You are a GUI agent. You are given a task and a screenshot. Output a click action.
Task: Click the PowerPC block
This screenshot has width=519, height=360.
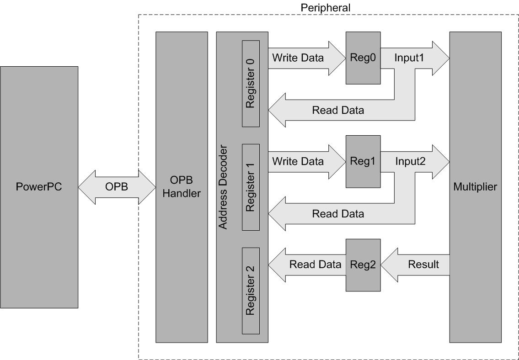pyautogui.click(x=39, y=187)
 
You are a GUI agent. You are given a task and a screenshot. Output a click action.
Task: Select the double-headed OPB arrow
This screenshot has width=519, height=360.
pyautogui.click(x=117, y=187)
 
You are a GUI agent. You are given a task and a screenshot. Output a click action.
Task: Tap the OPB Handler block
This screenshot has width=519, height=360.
pyautogui.click(x=182, y=187)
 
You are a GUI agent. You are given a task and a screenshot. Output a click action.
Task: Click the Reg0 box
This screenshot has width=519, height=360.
pyautogui.click(x=363, y=58)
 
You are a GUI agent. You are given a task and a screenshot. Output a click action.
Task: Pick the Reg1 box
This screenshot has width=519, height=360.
pyautogui.click(x=363, y=162)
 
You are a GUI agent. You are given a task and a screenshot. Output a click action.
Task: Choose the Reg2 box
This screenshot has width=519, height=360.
pyautogui.click(x=363, y=265)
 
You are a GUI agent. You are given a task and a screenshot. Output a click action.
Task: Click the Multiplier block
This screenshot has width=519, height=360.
pyautogui.click(x=475, y=187)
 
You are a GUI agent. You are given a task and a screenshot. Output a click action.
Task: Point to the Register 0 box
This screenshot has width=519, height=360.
pyautogui.click(x=251, y=84)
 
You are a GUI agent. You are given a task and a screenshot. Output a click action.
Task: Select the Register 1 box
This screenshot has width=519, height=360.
pyautogui.click(x=251, y=187)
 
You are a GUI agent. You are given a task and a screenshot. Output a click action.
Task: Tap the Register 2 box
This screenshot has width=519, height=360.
pyautogui.click(x=251, y=291)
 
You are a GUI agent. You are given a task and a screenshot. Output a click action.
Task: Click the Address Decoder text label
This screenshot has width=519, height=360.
pyautogui.click(x=224, y=187)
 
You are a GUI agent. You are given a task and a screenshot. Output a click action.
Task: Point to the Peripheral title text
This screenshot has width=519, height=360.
pyautogui.click(x=326, y=7)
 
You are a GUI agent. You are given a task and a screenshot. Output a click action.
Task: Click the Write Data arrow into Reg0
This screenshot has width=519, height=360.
pyautogui.click(x=307, y=58)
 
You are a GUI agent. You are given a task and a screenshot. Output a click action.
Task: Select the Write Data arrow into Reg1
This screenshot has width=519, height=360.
pyautogui.click(x=307, y=162)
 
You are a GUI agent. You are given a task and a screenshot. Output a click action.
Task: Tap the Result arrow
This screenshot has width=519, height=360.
pyautogui.click(x=415, y=265)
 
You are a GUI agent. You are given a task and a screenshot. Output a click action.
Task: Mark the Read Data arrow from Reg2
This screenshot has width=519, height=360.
pyautogui.click(x=307, y=265)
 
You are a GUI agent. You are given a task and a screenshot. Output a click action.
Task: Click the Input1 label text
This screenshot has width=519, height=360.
pyautogui.click(x=409, y=58)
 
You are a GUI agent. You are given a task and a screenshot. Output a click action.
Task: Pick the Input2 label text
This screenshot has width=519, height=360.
pyautogui.click(x=411, y=161)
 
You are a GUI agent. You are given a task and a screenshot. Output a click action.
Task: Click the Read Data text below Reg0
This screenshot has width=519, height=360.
pyautogui.click(x=338, y=110)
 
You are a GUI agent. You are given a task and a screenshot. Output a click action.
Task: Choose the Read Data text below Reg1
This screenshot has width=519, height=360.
pyautogui.click(x=338, y=213)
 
